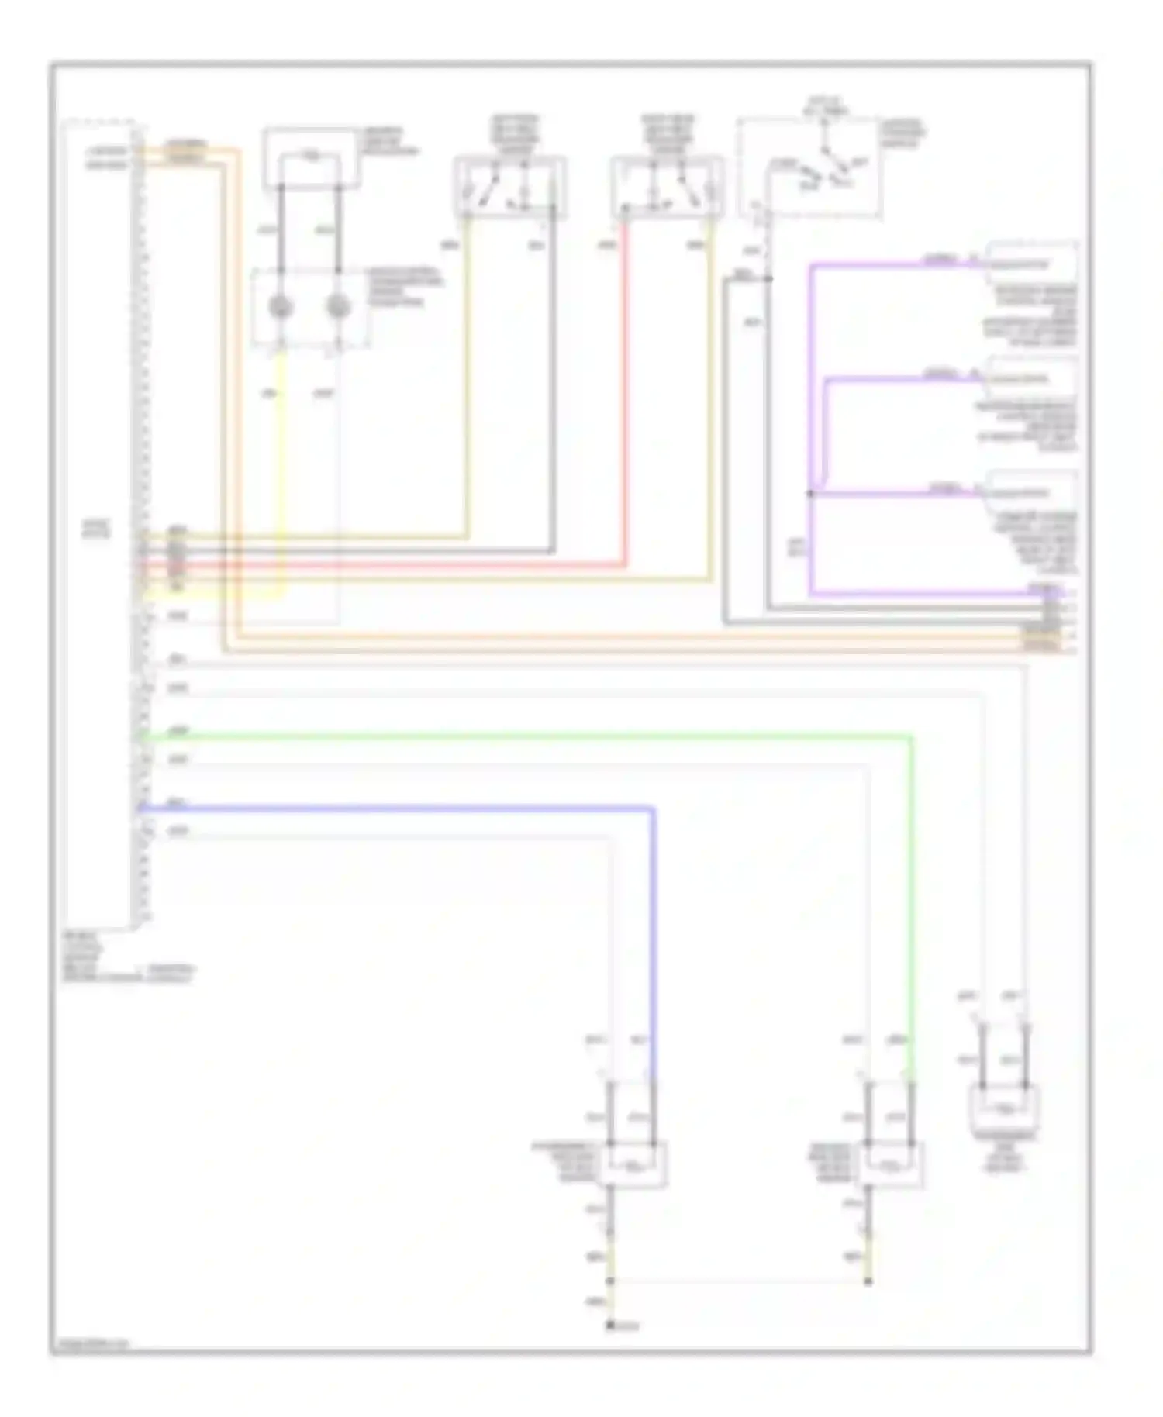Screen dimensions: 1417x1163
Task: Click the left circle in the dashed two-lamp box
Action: (281, 308)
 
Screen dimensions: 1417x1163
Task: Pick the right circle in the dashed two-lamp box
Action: (338, 308)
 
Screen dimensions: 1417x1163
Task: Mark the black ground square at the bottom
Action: (611, 1326)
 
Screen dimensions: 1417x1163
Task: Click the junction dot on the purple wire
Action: (811, 493)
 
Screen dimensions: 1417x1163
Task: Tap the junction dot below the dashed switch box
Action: (768, 278)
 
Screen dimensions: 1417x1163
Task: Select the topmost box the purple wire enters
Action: (1031, 264)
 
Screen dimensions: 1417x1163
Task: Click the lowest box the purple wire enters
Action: (1031, 491)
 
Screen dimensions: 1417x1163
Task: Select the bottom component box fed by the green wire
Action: (891, 1165)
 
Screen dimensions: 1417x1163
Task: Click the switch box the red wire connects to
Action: (667, 186)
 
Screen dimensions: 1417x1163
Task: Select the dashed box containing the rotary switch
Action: (809, 167)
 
